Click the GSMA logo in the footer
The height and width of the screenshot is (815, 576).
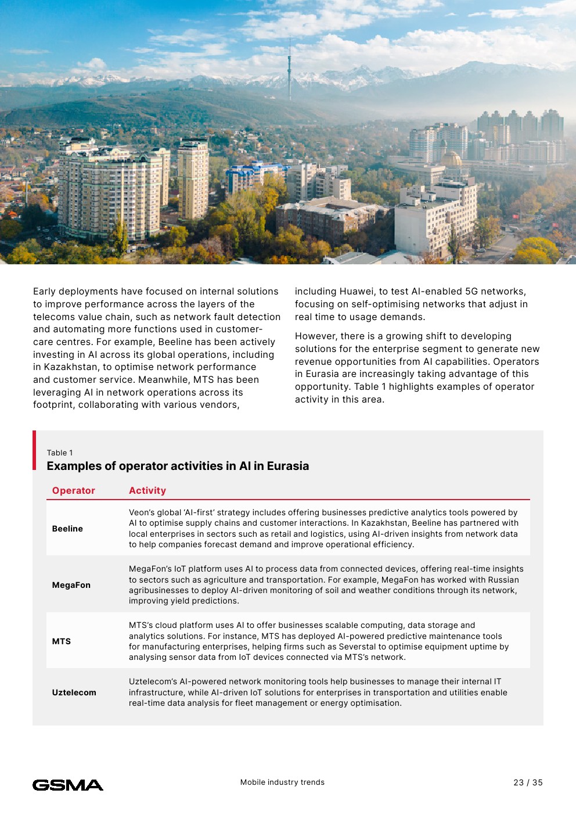(68, 785)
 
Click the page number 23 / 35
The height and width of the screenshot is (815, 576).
(528, 782)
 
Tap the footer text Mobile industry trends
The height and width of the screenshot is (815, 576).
(282, 782)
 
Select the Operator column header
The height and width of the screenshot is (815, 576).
(74, 490)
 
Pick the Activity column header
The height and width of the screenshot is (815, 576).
(147, 490)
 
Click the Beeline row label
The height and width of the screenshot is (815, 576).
(67, 529)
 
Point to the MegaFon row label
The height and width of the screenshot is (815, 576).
(71, 585)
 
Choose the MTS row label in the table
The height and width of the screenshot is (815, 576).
(62, 641)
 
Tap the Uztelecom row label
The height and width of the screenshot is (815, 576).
(74, 692)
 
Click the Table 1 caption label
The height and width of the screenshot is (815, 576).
(60, 453)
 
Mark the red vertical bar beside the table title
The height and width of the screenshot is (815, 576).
(34, 450)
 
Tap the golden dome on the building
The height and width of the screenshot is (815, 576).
(451, 159)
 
